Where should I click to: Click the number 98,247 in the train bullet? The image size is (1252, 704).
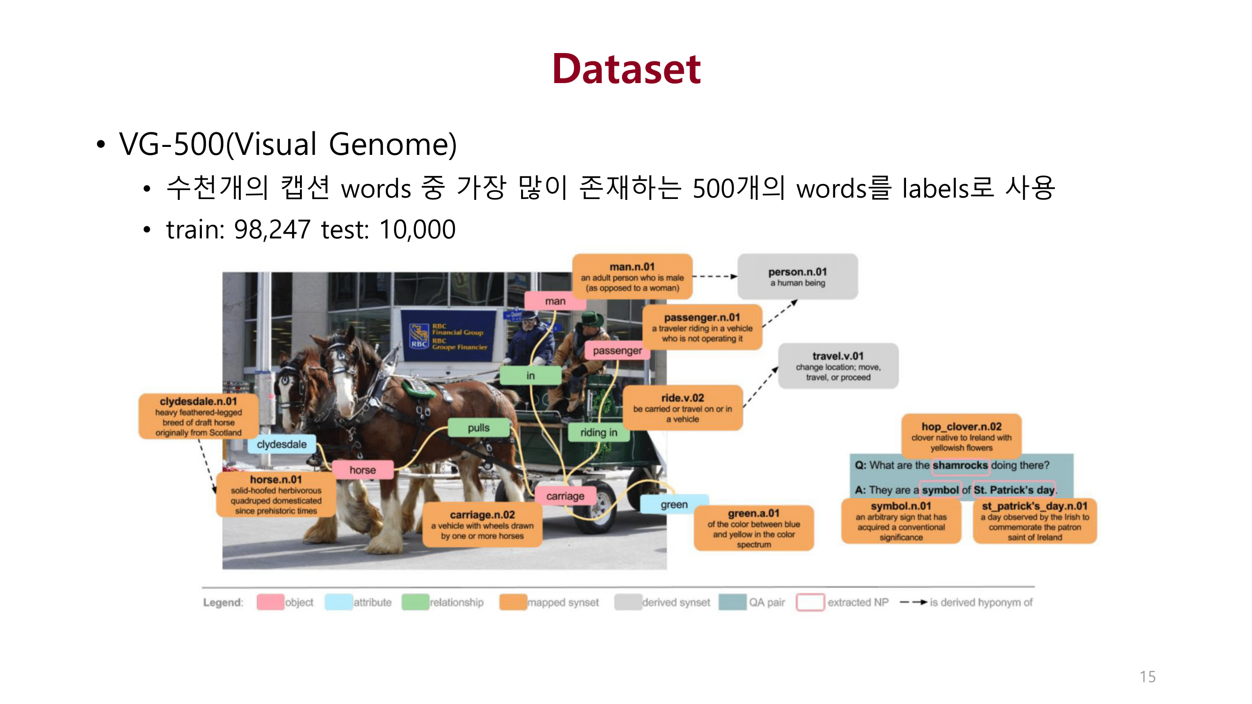coord(272,230)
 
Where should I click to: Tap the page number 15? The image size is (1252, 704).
coord(1147,676)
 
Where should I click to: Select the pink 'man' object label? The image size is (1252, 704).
coord(554,301)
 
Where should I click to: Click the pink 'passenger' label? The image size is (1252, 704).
coord(617,350)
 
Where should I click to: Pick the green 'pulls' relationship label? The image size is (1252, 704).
coord(478,428)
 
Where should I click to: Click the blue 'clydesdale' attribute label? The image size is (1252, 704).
coord(281,444)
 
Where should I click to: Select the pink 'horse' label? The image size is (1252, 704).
coord(362,470)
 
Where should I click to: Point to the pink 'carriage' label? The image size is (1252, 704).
coord(565,496)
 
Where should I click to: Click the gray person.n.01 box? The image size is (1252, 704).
coord(797,276)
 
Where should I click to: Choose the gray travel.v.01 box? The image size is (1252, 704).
coord(837,366)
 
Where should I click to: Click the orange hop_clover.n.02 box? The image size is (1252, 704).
coord(961,436)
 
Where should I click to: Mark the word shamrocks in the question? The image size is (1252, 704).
coord(960,465)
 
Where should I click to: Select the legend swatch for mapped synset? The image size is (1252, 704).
coord(513,602)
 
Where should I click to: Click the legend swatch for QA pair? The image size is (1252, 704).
coord(732,602)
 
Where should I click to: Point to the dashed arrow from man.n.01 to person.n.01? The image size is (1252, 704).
coord(714,276)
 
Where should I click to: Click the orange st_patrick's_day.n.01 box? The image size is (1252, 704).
coord(1034,521)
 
